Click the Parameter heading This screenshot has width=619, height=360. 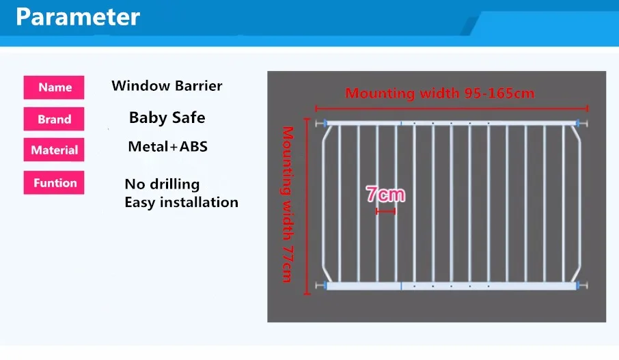[78, 17]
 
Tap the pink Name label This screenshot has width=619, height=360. [54, 87]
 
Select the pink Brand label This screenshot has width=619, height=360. [54, 119]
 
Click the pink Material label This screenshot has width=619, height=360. [54, 150]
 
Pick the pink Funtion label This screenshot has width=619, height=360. [54, 182]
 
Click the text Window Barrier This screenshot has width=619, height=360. [167, 85]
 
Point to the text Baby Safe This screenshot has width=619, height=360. [167, 117]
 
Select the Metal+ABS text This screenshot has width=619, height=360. [168, 146]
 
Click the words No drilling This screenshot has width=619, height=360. [162, 184]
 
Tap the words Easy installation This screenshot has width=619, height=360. [181, 202]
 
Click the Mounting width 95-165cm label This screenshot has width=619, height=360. [440, 93]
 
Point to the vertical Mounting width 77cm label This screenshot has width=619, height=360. [288, 204]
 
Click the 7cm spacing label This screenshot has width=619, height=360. [385, 194]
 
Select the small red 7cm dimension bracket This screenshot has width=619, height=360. [386, 212]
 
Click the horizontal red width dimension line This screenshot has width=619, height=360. [452, 108]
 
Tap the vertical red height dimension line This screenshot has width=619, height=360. [307, 206]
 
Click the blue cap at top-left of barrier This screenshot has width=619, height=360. [325, 124]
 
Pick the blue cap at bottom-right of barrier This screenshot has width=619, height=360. [578, 286]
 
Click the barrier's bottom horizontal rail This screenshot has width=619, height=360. [451, 286]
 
